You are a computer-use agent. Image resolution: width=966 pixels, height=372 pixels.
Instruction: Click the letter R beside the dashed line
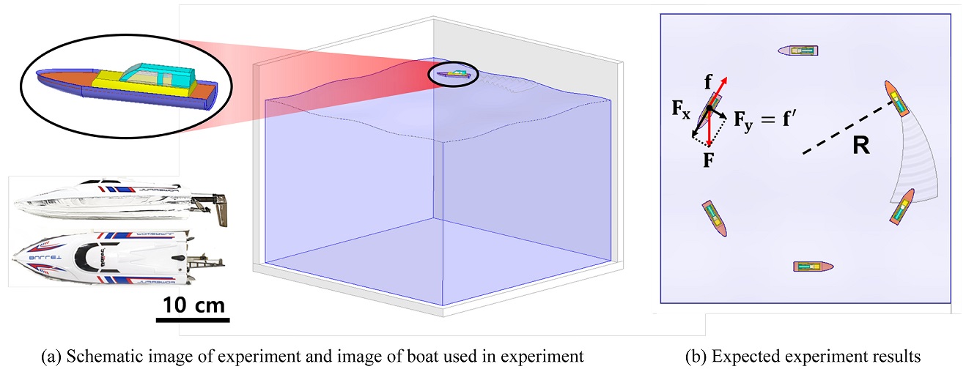tap(860, 146)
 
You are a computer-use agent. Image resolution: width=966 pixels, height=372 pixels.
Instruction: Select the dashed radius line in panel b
tap(847, 129)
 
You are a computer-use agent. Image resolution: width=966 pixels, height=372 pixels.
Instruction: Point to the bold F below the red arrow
tap(709, 160)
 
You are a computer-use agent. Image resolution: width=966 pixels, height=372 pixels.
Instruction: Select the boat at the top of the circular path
tap(798, 51)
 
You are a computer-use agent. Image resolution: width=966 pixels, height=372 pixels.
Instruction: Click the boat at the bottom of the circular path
tap(814, 267)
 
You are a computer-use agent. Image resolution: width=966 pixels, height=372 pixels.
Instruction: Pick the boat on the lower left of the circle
tap(713, 217)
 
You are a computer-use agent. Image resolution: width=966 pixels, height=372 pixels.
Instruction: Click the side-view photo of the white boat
tap(110, 201)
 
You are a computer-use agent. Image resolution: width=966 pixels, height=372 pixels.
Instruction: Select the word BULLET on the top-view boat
tap(40, 258)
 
